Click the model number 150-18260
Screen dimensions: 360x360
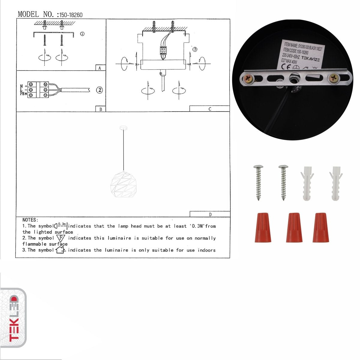pyautogui.click(x=71, y=15)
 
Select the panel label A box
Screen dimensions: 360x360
pyautogui.click(x=100, y=68)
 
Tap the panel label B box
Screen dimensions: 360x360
pyautogui.click(x=100, y=109)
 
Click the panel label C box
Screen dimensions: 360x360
pyautogui.click(x=209, y=109)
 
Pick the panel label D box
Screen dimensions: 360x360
pyautogui.click(x=210, y=214)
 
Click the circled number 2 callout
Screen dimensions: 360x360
pyautogui.click(x=100, y=90)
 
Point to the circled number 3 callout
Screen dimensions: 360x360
pyautogui.click(x=195, y=49)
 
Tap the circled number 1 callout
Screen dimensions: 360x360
pyautogui.click(x=82, y=34)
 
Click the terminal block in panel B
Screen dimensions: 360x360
pyautogui.click(x=38, y=90)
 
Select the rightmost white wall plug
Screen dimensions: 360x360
pyautogui.click(x=336, y=183)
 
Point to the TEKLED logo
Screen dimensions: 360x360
pyautogui.click(x=13, y=318)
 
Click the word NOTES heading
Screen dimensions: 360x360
pyautogui.click(x=30, y=220)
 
